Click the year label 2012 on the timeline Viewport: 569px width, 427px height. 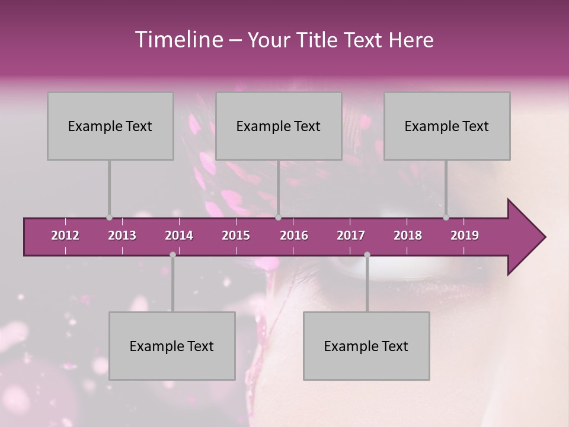(x=65, y=235)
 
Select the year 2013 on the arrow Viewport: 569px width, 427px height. (x=122, y=235)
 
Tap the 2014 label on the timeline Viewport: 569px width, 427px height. (x=179, y=235)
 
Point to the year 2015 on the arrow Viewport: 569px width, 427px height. (x=236, y=235)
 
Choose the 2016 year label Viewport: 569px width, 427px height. (x=294, y=235)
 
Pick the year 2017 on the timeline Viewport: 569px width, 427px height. (x=351, y=235)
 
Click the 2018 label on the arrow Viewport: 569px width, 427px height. (x=408, y=235)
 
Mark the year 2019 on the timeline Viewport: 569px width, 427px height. (x=465, y=235)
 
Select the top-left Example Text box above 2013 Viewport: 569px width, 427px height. (x=110, y=126)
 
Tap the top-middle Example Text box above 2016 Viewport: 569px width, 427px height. (x=279, y=126)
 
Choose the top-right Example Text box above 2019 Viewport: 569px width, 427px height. (x=447, y=126)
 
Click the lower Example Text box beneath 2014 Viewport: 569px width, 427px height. (x=172, y=346)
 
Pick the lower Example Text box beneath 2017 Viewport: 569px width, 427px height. (x=366, y=346)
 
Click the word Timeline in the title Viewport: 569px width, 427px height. (x=178, y=40)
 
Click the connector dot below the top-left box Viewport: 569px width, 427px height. (x=109, y=217)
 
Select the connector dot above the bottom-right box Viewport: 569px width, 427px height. (x=367, y=254)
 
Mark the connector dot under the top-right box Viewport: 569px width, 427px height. (x=446, y=217)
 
